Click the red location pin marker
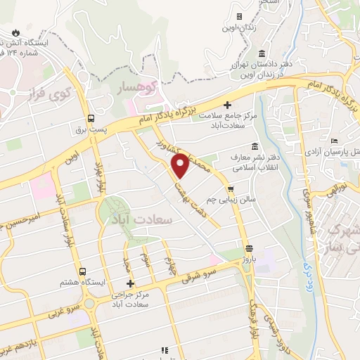coord(181,165)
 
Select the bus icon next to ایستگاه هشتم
coord(82,271)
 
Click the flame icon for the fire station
coord(15,32)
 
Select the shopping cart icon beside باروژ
coord(249,248)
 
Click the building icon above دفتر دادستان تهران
coord(262,54)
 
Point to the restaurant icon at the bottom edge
coord(165,349)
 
